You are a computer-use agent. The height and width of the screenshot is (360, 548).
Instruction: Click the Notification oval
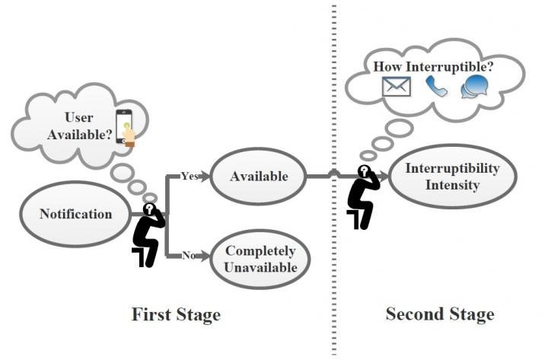(x=75, y=214)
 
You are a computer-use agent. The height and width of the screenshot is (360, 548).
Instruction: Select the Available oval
(x=259, y=176)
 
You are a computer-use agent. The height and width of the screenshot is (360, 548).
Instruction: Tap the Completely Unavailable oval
(x=260, y=260)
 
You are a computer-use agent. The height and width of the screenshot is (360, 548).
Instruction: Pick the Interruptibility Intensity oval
(x=453, y=176)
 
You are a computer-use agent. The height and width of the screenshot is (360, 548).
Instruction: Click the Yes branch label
(x=190, y=175)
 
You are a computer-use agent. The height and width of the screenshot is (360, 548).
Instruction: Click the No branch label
(x=188, y=256)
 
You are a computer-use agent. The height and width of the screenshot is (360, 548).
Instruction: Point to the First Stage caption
(x=176, y=314)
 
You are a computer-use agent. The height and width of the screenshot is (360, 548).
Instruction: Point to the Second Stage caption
(x=439, y=314)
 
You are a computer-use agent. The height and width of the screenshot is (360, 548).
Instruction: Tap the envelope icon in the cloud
(x=397, y=88)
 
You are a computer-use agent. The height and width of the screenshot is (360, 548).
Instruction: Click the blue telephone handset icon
(x=436, y=87)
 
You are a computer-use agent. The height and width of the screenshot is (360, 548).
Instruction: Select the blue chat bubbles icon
(x=475, y=87)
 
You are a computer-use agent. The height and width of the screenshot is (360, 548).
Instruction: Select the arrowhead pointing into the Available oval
(x=207, y=176)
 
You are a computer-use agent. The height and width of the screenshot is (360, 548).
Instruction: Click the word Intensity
(x=453, y=184)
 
